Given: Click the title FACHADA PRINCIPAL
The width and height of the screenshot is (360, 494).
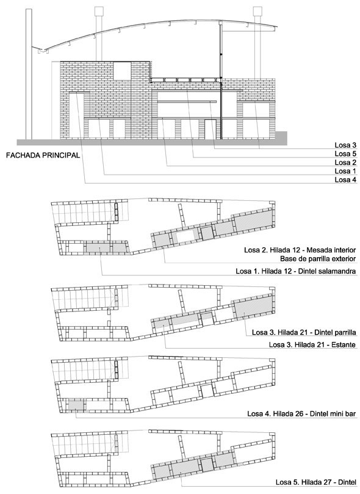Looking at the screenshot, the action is point(43,155).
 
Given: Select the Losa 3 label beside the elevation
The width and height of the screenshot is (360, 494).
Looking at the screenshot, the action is point(345,145).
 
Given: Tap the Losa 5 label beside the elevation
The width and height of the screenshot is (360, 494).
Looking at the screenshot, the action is point(345,154).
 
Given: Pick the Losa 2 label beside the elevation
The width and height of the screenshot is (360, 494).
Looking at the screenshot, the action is point(345,162).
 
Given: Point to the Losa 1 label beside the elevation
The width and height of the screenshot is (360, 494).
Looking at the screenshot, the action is point(345,171).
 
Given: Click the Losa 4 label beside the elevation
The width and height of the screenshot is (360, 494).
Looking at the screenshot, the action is point(345,180).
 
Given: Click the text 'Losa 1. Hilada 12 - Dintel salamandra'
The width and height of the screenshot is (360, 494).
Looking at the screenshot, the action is point(296,271).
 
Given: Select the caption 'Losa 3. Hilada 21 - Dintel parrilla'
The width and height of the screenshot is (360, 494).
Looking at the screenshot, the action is point(304,332).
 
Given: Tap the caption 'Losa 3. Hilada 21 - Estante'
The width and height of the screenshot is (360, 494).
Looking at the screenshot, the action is point(312,344).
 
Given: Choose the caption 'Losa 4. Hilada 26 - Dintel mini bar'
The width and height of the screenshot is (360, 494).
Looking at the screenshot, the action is point(301,413).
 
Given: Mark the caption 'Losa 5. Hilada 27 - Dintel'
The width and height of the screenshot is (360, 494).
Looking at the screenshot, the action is point(316,482).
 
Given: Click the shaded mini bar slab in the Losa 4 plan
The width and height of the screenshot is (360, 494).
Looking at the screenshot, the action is point(76,404).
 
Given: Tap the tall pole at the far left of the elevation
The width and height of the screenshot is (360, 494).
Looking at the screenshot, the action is point(29,74).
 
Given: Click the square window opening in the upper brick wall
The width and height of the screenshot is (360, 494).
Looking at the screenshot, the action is point(122,71).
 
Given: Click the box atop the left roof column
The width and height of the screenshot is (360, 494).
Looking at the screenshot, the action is point(99,11).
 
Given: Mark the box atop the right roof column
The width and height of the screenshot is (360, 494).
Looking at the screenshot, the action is point(257,11).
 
